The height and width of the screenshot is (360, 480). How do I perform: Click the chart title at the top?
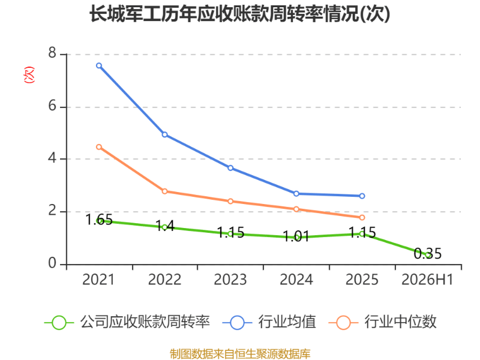[239, 14]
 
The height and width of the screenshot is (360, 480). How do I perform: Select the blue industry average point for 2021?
[99, 65]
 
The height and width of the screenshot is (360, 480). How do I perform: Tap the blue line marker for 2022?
[164, 134]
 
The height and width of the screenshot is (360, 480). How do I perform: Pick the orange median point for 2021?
[99, 147]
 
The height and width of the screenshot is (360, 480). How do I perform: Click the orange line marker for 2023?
[230, 201]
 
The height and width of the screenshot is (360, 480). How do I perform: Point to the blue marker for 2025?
[362, 196]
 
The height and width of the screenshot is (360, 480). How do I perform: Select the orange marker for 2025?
[362, 217]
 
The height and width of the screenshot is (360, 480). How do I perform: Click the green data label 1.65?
[99, 220]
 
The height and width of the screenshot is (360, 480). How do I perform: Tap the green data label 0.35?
[428, 253]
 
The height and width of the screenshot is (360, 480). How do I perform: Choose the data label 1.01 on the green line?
[296, 236]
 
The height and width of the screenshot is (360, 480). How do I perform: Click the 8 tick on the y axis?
[52, 53]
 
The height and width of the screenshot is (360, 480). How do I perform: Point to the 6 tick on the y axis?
[52, 106]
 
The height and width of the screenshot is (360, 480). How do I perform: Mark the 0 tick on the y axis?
[52, 263]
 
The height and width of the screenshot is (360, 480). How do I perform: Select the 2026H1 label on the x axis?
[427, 280]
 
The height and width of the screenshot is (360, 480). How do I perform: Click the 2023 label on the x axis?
[230, 280]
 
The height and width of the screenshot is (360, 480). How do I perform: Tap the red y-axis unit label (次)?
[29, 74]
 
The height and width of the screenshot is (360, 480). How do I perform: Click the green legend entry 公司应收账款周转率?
[127, 322]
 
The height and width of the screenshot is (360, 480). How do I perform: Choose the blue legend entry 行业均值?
[269, 322]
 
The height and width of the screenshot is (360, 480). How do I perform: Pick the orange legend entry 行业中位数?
[382, 322]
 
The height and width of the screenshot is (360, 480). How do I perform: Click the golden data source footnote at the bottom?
[240, 353]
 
